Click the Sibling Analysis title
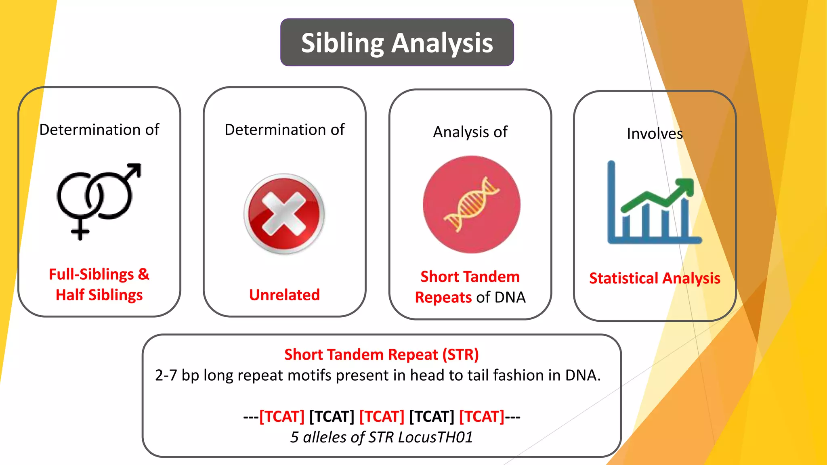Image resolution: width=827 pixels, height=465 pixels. pyautogui.click(x=397, y=43)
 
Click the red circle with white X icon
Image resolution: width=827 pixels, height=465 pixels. pyautogui.click(x=284, y=214)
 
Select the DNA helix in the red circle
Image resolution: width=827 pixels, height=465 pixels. pyautogui.click(x=471, y=205)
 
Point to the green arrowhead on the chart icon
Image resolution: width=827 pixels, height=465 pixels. pyautogui.click(x=685, y=186)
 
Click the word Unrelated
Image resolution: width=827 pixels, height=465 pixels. pyautogui.click(x=284, y=295)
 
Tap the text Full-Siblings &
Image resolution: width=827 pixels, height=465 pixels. pyautogui.click(x=99, y=274)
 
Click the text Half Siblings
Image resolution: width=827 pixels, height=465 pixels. pyautogui.click(x=99, y=295)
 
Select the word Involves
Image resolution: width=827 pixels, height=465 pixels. pyautogui.click(x=655, y=134)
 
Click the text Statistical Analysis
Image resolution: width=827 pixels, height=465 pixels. pyautogui.click(x=655, y=279)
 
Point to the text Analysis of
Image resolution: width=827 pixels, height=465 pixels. pyautogui.click(x=470, y=132)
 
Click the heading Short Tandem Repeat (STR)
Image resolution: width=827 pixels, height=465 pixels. pyautogui.click(x=381, y=354)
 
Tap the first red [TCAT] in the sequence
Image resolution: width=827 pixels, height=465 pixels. pyautogui.click(x=282, y=417)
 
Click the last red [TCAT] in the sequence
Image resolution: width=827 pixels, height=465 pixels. pyautogui.click(x=482, y=417)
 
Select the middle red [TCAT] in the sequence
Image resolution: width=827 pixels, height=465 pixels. pyautogui.click(x=382, y=417)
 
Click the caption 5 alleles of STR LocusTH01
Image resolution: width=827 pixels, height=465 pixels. pyautogui.click(x=381, y=437)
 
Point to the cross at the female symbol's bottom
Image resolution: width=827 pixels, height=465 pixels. pyautogui.click(x=80, y=232)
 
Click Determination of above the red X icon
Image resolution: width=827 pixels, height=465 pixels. pyautogui.click(x=284, y=130)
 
